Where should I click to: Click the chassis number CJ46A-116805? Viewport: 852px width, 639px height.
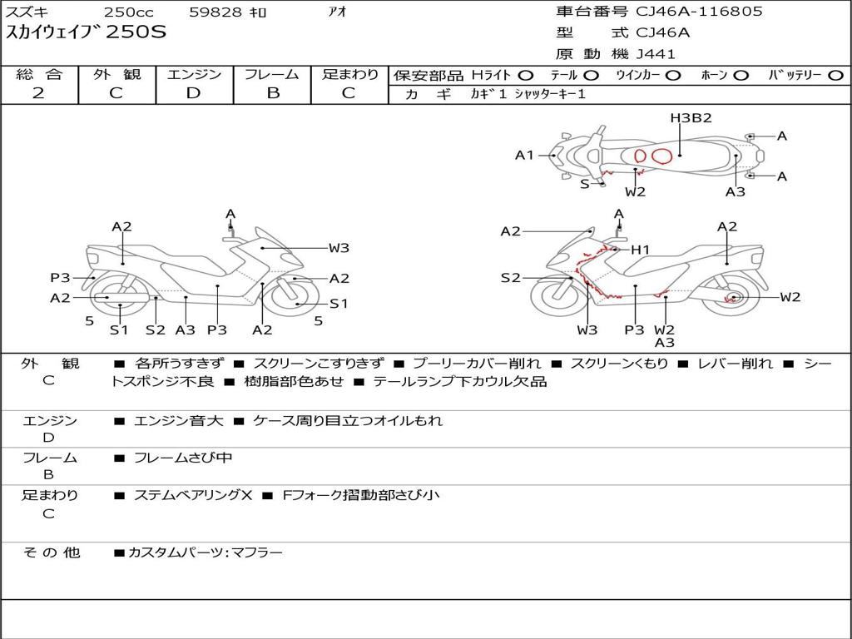point(699,12)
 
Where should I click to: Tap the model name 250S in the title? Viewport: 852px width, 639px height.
point(136,32)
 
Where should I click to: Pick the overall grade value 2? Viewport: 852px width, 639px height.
point(38,93)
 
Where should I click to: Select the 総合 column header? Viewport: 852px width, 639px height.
point(39,74)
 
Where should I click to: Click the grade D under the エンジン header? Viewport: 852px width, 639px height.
point(193,93)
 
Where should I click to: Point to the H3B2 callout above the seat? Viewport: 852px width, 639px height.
point(691,118)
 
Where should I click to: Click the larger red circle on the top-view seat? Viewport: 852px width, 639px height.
point(661,156)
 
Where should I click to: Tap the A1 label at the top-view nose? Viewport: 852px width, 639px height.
point(524,156)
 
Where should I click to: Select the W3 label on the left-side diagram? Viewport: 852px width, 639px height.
point(339,248)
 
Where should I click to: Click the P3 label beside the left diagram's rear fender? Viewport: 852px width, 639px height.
point(60,278)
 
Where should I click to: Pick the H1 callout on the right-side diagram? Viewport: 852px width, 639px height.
point(640,250)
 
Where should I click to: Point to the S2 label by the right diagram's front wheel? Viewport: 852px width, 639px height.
point(510,278)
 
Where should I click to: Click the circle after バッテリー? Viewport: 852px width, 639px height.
point(835,76)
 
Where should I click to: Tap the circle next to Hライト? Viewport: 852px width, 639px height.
point(526,76)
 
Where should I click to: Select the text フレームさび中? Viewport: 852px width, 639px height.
point(183,458)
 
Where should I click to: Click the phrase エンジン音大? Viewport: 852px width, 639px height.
point(178,420)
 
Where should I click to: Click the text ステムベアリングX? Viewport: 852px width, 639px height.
point(193,495)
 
